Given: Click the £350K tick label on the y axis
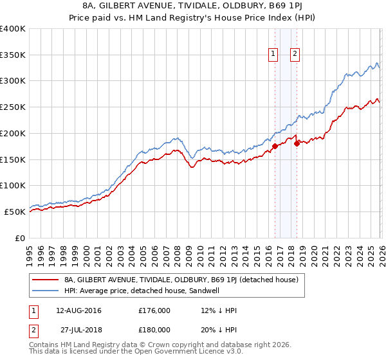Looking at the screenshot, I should coord(13,55).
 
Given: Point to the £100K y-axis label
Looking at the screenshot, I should coord(13,186).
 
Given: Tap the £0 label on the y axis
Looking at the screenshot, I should coord(20,238).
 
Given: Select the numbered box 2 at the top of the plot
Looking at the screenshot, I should coord(295,55).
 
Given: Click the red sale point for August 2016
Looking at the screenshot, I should coord(275,146).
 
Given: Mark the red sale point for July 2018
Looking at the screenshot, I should coord(297,144).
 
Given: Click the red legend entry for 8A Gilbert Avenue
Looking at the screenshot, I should coord(181,280).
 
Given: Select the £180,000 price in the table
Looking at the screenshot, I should coord(154,329).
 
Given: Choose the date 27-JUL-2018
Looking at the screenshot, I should coord(80,329).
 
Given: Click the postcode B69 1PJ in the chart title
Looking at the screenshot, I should coord(286,6).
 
